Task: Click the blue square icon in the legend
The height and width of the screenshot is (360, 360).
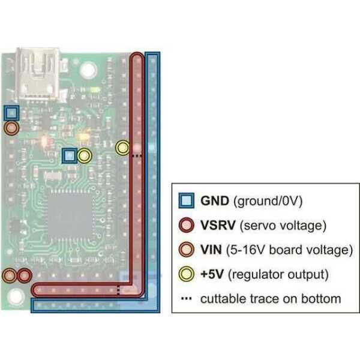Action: click(x=188, y=201)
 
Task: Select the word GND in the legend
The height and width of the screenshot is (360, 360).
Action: click(x=214, y=201)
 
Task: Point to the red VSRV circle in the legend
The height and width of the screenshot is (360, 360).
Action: click(x=188, y=226)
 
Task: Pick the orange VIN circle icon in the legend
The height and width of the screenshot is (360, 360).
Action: click(x=188, y=250)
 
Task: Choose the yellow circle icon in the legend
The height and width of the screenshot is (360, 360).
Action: click(x=188, y=274)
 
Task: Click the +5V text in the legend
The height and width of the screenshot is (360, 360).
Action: click(x=212, y=274)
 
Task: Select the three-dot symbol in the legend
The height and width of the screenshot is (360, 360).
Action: click(x=187, y=298)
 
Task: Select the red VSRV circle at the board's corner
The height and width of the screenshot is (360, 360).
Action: click(x=24, y=276)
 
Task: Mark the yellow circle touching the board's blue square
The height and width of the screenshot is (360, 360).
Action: click(x=85, y=157)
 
